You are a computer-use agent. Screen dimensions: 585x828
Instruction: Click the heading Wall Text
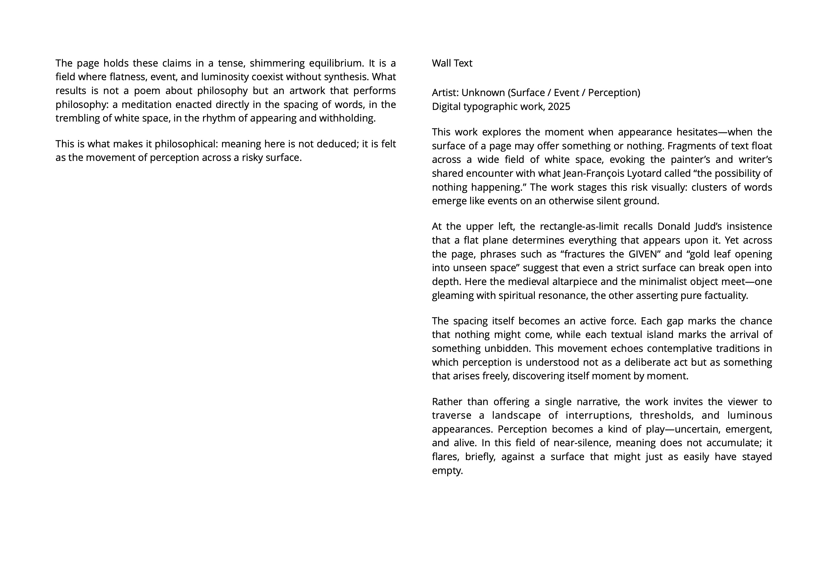pyautogui.click(x=452, y=63)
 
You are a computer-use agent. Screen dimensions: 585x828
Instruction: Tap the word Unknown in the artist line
pyautogui.click(x=483, y=93)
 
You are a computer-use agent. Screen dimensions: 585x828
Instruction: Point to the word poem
pyautogui.click(x=147, y=91)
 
